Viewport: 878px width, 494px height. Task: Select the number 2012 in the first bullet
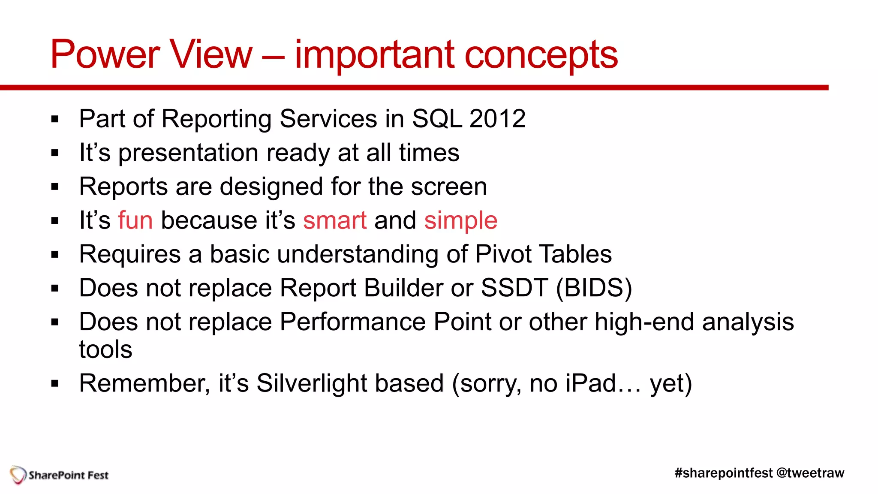[x=497, y=119]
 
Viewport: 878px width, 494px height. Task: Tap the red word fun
[x=135, y=220]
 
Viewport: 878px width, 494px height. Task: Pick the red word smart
[x=335, y=220]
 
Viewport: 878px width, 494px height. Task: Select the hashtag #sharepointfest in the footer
[x=723, y=473]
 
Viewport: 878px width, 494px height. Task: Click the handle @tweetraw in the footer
[x=810, y=473]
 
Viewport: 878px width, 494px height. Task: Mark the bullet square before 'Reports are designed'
[x=54, y=187]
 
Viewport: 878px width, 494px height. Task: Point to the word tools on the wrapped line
[x=105, y=349]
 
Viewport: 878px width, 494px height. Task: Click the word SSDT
[x=514, y=288]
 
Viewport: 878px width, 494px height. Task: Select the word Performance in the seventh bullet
[x=352, y=322]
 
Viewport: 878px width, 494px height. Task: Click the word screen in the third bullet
[x=449, y=187]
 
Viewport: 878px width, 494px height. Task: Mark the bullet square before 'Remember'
[x=54, y=383]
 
